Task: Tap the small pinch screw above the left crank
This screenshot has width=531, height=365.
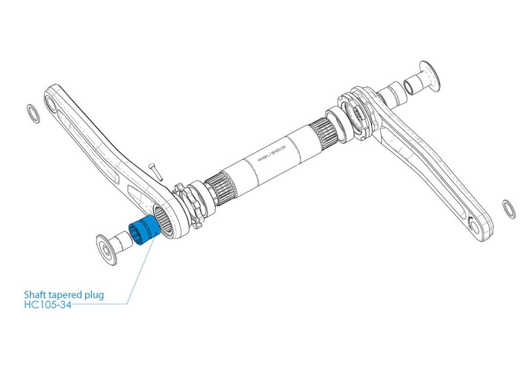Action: [x=155, y=171]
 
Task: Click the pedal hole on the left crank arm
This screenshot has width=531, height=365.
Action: [x=51, y=105]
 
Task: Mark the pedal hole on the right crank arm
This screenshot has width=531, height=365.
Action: [x=472, y=224]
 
